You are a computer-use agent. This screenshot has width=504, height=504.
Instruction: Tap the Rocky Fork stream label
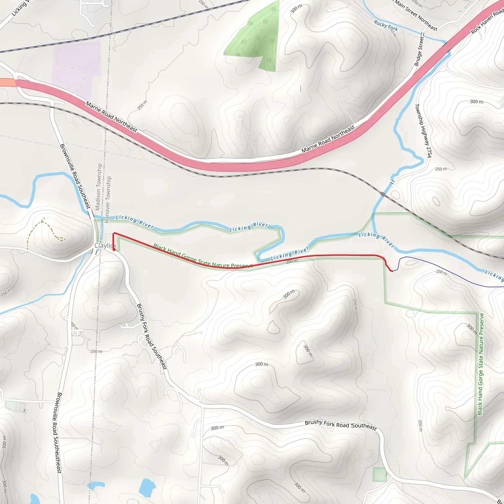(x=386, y=26)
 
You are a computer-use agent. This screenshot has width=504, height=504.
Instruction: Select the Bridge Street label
(x=419, y=51)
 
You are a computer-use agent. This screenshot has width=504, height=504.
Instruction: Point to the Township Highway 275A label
(x=423, y=130)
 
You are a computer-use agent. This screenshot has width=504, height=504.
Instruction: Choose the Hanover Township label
(x=107, y=199)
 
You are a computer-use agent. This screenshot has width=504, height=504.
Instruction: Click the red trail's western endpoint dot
(x=114, y=250)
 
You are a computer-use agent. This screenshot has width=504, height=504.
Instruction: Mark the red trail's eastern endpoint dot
(x=392, y=271)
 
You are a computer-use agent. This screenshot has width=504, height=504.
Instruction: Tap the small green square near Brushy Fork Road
(x=379, y=474)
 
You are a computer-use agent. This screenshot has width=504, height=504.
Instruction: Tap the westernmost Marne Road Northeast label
(x=111, y=117)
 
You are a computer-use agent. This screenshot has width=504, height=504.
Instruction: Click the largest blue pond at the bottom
(x=147, y=487)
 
